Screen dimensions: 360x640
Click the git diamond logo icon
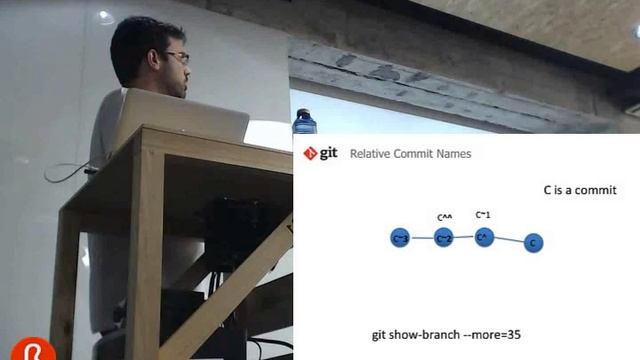click(x=310, y=153)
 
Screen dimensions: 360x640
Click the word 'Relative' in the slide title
click(x=370, y=154)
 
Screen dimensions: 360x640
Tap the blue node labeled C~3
click(x=400, y=238)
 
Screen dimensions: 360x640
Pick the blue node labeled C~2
click(x=444, y=238)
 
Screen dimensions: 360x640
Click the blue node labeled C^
click(x=484, y=237)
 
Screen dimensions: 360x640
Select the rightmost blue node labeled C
click(x=533, y=242)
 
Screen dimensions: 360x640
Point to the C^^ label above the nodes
click(x=445, y=216)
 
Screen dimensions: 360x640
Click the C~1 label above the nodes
click(x=483, y=214)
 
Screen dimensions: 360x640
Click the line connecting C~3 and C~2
click(x=422, y=238)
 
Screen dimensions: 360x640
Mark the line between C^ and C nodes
click(x=509, y=240)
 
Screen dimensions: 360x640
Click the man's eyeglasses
click(x=177, y=57)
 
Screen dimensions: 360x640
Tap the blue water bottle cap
click(x=302, y=113)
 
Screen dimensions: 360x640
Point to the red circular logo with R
click(x=33, y=349)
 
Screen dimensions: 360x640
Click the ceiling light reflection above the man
click(x=104, y=16)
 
